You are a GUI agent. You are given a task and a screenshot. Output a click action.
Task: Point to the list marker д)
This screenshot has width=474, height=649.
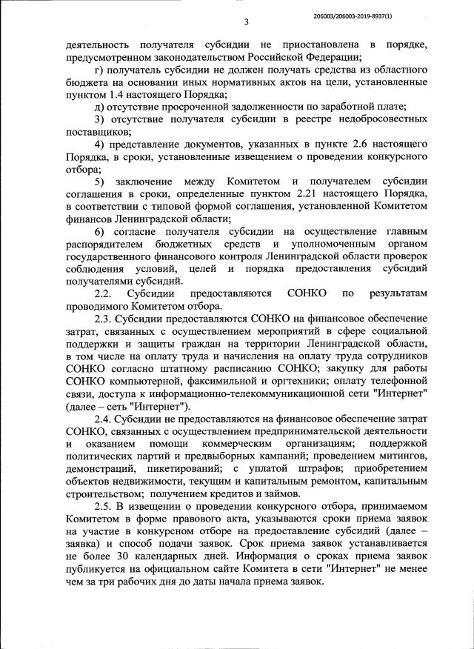pyautogui.click(x=99, y=107)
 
